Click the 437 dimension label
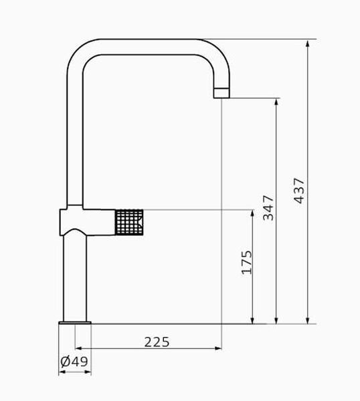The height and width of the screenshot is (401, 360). [299, 190]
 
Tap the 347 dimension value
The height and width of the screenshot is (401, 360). [268, 208]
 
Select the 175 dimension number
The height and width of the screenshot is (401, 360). [247, 263]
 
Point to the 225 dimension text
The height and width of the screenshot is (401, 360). [157, 342]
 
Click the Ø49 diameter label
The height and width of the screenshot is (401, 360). [74, 362]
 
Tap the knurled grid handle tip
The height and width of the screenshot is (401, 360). [129, 222]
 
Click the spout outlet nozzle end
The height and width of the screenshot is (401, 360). [221, 93]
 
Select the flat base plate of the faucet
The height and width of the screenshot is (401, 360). [75, 323]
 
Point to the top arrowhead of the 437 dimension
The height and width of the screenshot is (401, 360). [308, 43]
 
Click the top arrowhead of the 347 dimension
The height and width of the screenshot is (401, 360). [276, 102]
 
